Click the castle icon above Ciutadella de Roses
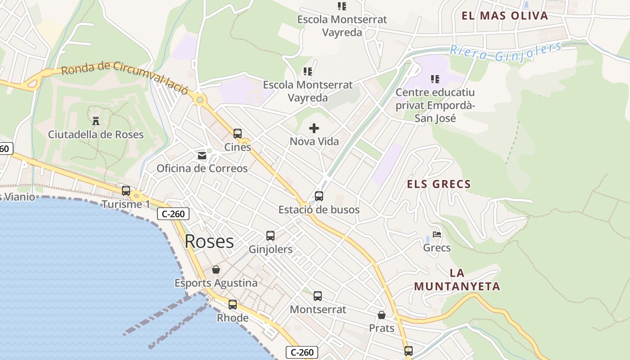click(x=95, y=121)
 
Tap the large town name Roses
click(x=209, y=242)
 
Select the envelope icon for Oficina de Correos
click(x=202, y=156)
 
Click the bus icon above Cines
click(x=238, y=134)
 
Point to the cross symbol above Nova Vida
click(x=314, y=129)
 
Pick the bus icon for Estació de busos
click(x=319, y=196)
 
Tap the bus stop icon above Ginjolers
click(x=270, y=236)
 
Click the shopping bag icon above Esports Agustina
click(x=216, y=270)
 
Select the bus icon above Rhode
click(x=233, y=305)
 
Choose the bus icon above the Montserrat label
click(x=318, y=296)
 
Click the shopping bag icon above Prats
click(x=382, y=315)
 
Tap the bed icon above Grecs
click(x=436, y=234)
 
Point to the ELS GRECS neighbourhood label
click(x=439, y=184)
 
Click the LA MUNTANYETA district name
click(x=457, y=280)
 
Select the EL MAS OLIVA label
click(x=505, y=16)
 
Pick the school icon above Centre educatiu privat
click(x=435, y=80)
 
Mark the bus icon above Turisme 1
click(x=126, y=191)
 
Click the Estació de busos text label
click(x=319, y=210)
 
